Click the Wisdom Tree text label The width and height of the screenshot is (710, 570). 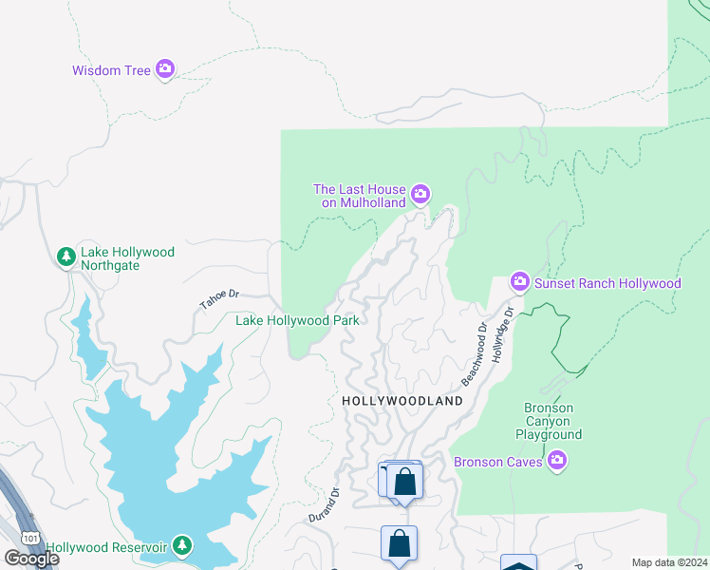112,70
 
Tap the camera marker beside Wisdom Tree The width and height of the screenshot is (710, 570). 165,68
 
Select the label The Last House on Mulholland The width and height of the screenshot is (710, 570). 360,195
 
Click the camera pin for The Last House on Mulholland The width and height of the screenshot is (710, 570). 420,195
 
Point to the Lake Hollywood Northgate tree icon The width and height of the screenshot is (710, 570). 66,256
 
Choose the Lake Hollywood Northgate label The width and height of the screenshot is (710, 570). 127,258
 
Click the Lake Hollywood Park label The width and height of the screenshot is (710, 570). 297,321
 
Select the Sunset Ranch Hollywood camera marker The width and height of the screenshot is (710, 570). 519,281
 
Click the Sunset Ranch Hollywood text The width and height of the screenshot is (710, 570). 607,283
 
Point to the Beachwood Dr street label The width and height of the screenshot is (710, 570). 474,353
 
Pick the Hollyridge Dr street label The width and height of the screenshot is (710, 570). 501,333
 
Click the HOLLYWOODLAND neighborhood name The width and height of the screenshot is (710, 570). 402,401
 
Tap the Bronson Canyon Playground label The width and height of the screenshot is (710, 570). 549,421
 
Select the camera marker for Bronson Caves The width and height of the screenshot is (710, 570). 558,462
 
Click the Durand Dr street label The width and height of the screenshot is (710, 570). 324,505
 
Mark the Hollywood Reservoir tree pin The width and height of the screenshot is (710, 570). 182,546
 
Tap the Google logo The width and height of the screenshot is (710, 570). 32,558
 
